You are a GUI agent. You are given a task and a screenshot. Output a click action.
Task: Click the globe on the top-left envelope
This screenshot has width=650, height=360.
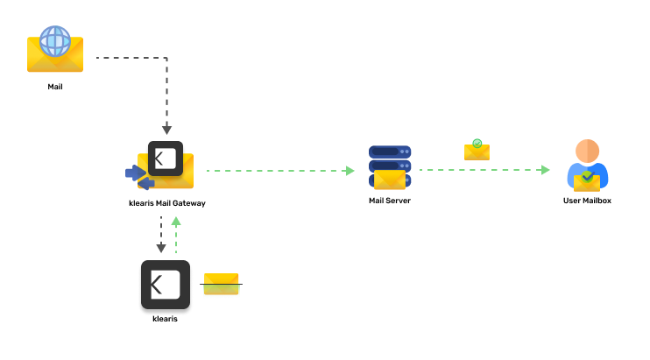(55, 40)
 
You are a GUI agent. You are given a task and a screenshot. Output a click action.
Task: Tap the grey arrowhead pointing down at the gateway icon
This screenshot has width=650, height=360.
(166, 130)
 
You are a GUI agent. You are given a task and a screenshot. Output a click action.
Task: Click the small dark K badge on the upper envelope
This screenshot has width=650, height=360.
(166, 159)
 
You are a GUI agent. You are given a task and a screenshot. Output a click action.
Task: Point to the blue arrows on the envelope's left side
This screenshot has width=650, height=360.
(138, 176)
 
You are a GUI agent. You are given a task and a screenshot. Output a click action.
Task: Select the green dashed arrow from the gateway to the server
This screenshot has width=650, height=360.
(276, 171)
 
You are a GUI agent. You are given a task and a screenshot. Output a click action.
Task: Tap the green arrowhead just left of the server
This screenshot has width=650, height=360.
(350, 171)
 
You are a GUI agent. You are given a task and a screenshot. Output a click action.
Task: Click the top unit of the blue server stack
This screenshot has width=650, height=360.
(390, 152)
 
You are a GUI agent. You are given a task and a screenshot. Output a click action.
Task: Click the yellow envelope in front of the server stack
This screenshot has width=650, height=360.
(390, 180)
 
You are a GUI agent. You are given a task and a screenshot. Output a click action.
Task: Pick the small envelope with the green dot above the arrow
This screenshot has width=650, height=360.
(477, 152)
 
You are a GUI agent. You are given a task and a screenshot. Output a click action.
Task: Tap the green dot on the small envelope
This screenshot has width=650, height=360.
(477, 143)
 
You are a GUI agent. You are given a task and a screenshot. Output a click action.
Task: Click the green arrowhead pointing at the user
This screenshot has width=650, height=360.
(546, 170)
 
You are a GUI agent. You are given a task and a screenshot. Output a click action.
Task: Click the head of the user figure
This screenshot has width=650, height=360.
(587, 150)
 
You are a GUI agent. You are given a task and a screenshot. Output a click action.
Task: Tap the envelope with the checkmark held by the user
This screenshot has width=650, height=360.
(587, 181)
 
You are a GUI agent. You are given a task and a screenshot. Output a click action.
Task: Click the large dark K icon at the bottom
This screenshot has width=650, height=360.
(166, 285)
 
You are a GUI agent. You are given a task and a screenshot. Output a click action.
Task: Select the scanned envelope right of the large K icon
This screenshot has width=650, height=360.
(222, 286)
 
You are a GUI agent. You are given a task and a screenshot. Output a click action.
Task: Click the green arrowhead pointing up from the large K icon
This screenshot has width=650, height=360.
(176, 222)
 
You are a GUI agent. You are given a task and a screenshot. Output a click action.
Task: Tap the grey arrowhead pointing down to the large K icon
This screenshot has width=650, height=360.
(161, 249)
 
